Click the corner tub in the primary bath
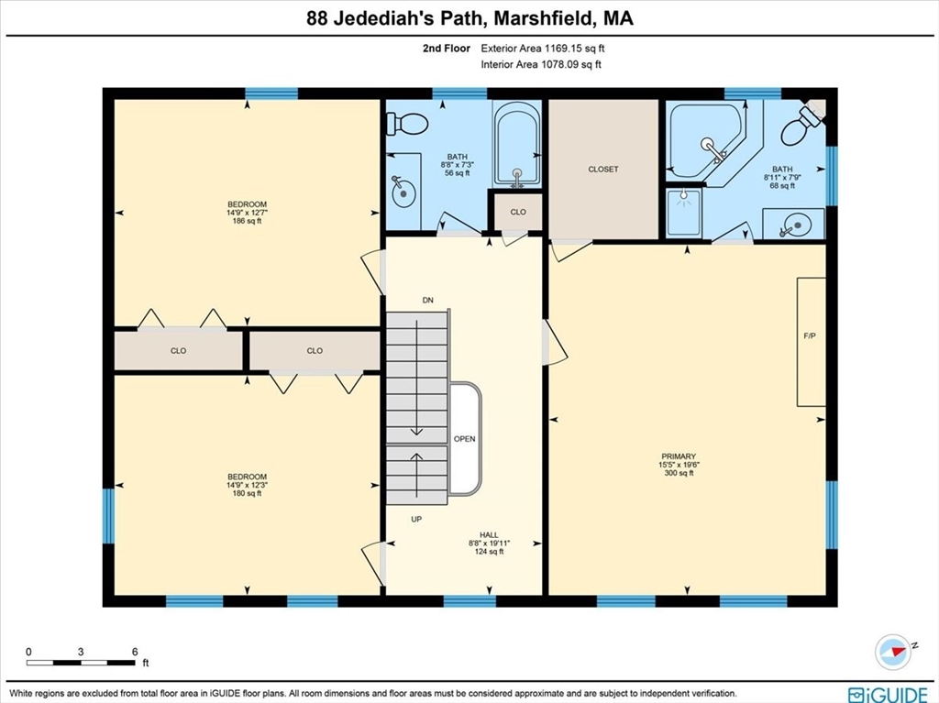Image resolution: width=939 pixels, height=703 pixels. pos(706,142)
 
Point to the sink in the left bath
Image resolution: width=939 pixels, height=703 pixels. pos(403,191)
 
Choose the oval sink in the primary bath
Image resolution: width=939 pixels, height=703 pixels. pos(794,224)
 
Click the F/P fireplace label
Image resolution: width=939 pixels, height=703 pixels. pos(810,336)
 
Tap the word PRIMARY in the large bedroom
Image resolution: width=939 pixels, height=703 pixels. pos(679,456)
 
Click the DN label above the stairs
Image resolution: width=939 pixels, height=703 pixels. pos(427,301)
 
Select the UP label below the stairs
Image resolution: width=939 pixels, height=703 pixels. pos(415,520)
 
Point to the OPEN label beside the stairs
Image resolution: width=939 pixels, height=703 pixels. pos(465,439)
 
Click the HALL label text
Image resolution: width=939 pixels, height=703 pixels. pos(489,534)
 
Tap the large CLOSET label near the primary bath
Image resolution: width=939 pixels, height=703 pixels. pos(603,170)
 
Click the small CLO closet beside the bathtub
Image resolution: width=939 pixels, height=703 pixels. pos(518,212)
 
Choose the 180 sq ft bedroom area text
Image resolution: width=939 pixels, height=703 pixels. pos(247,494)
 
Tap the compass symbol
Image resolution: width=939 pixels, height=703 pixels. pos(894,651)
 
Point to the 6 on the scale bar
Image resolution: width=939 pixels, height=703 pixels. pos(134,652)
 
